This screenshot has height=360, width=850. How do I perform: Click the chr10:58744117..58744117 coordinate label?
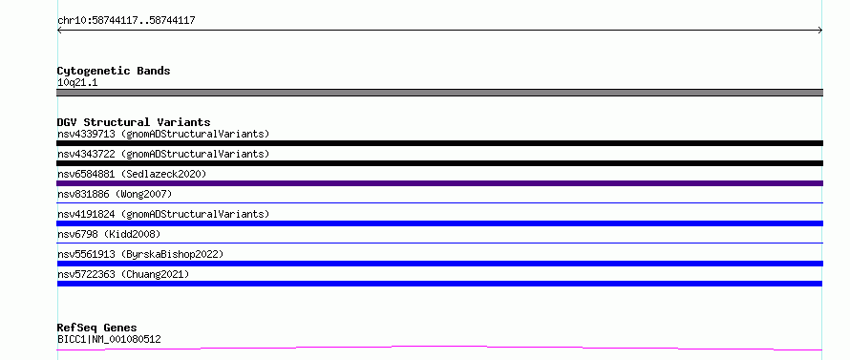(x=126, y=21)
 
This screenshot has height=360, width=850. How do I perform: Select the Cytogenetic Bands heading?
(x=114, y=71)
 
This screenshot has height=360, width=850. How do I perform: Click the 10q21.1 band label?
(x=77, y=83)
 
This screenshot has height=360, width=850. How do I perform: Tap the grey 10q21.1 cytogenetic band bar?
(x=439, y=93)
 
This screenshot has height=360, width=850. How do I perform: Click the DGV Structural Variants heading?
(x=134, y=122)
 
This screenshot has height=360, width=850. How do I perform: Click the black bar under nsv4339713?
(x=439, y=143)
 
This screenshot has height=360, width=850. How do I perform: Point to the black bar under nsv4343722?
(x=439, y=163)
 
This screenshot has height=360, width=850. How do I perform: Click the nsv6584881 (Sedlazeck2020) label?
(x=132, y=174)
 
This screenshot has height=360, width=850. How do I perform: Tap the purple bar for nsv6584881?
(x=439, y=183)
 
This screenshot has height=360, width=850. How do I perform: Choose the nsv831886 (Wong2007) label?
(x=115, y=194)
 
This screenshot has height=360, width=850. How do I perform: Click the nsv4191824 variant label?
(x=163, y=214)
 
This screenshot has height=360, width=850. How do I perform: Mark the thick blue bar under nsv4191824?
(x=439, y=223)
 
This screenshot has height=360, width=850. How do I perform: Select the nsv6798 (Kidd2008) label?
(x=109, y=234)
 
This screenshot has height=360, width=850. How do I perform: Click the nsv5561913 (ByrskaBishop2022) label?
(x=140, y=254)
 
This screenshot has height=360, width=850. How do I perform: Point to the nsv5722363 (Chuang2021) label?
(x=123, y=274)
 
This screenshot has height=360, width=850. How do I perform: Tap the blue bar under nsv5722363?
(x=439, y=284)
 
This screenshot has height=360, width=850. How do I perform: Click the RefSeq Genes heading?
(x=97, y=328)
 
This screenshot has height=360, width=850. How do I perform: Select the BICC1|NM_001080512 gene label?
(x=109, y=340)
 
